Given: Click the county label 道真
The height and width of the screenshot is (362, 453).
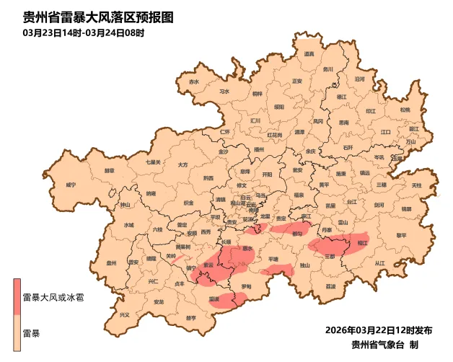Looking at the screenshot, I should pyautogui.click(x=309, y=54).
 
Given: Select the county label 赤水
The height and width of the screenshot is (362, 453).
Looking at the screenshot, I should pyautogui.click(x=193, y=82).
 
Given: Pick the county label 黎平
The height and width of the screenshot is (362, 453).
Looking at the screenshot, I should pyautogui.click(x=401, y=235).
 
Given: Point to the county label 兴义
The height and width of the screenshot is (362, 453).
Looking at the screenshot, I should pyautogui.click(x=125, y=314).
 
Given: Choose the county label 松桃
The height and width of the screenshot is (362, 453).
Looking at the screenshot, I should pyautogui.click(x=405, y=110).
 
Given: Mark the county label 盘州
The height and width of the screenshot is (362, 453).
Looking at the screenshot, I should pyautogui.click(x=111, y=264).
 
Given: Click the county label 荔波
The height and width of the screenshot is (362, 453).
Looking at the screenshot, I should pyautogui.click(x=330, y=286).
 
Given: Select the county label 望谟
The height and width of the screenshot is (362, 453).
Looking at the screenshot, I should pyautogui.click(x=214, y=298).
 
